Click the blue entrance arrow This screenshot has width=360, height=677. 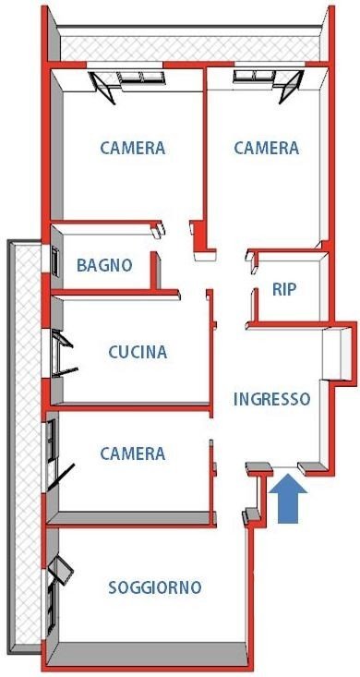coord(287,498)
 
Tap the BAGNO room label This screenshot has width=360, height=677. coord(104,265)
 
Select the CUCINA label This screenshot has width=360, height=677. coord(138,352)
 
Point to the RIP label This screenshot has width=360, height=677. coord(284,289)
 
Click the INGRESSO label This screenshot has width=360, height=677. coord(272,399)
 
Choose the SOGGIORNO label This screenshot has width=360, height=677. coord(155,587)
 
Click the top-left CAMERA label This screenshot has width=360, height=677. coord(133,148)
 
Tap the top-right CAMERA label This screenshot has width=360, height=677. coord(267,148)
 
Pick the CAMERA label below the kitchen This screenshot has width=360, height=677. coord(133,453)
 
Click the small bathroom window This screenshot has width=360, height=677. coord(54,260)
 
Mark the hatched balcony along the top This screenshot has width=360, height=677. coord(190,48)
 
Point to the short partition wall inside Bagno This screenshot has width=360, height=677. coord(155,271)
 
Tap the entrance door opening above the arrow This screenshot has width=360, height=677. coord(285,468)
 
